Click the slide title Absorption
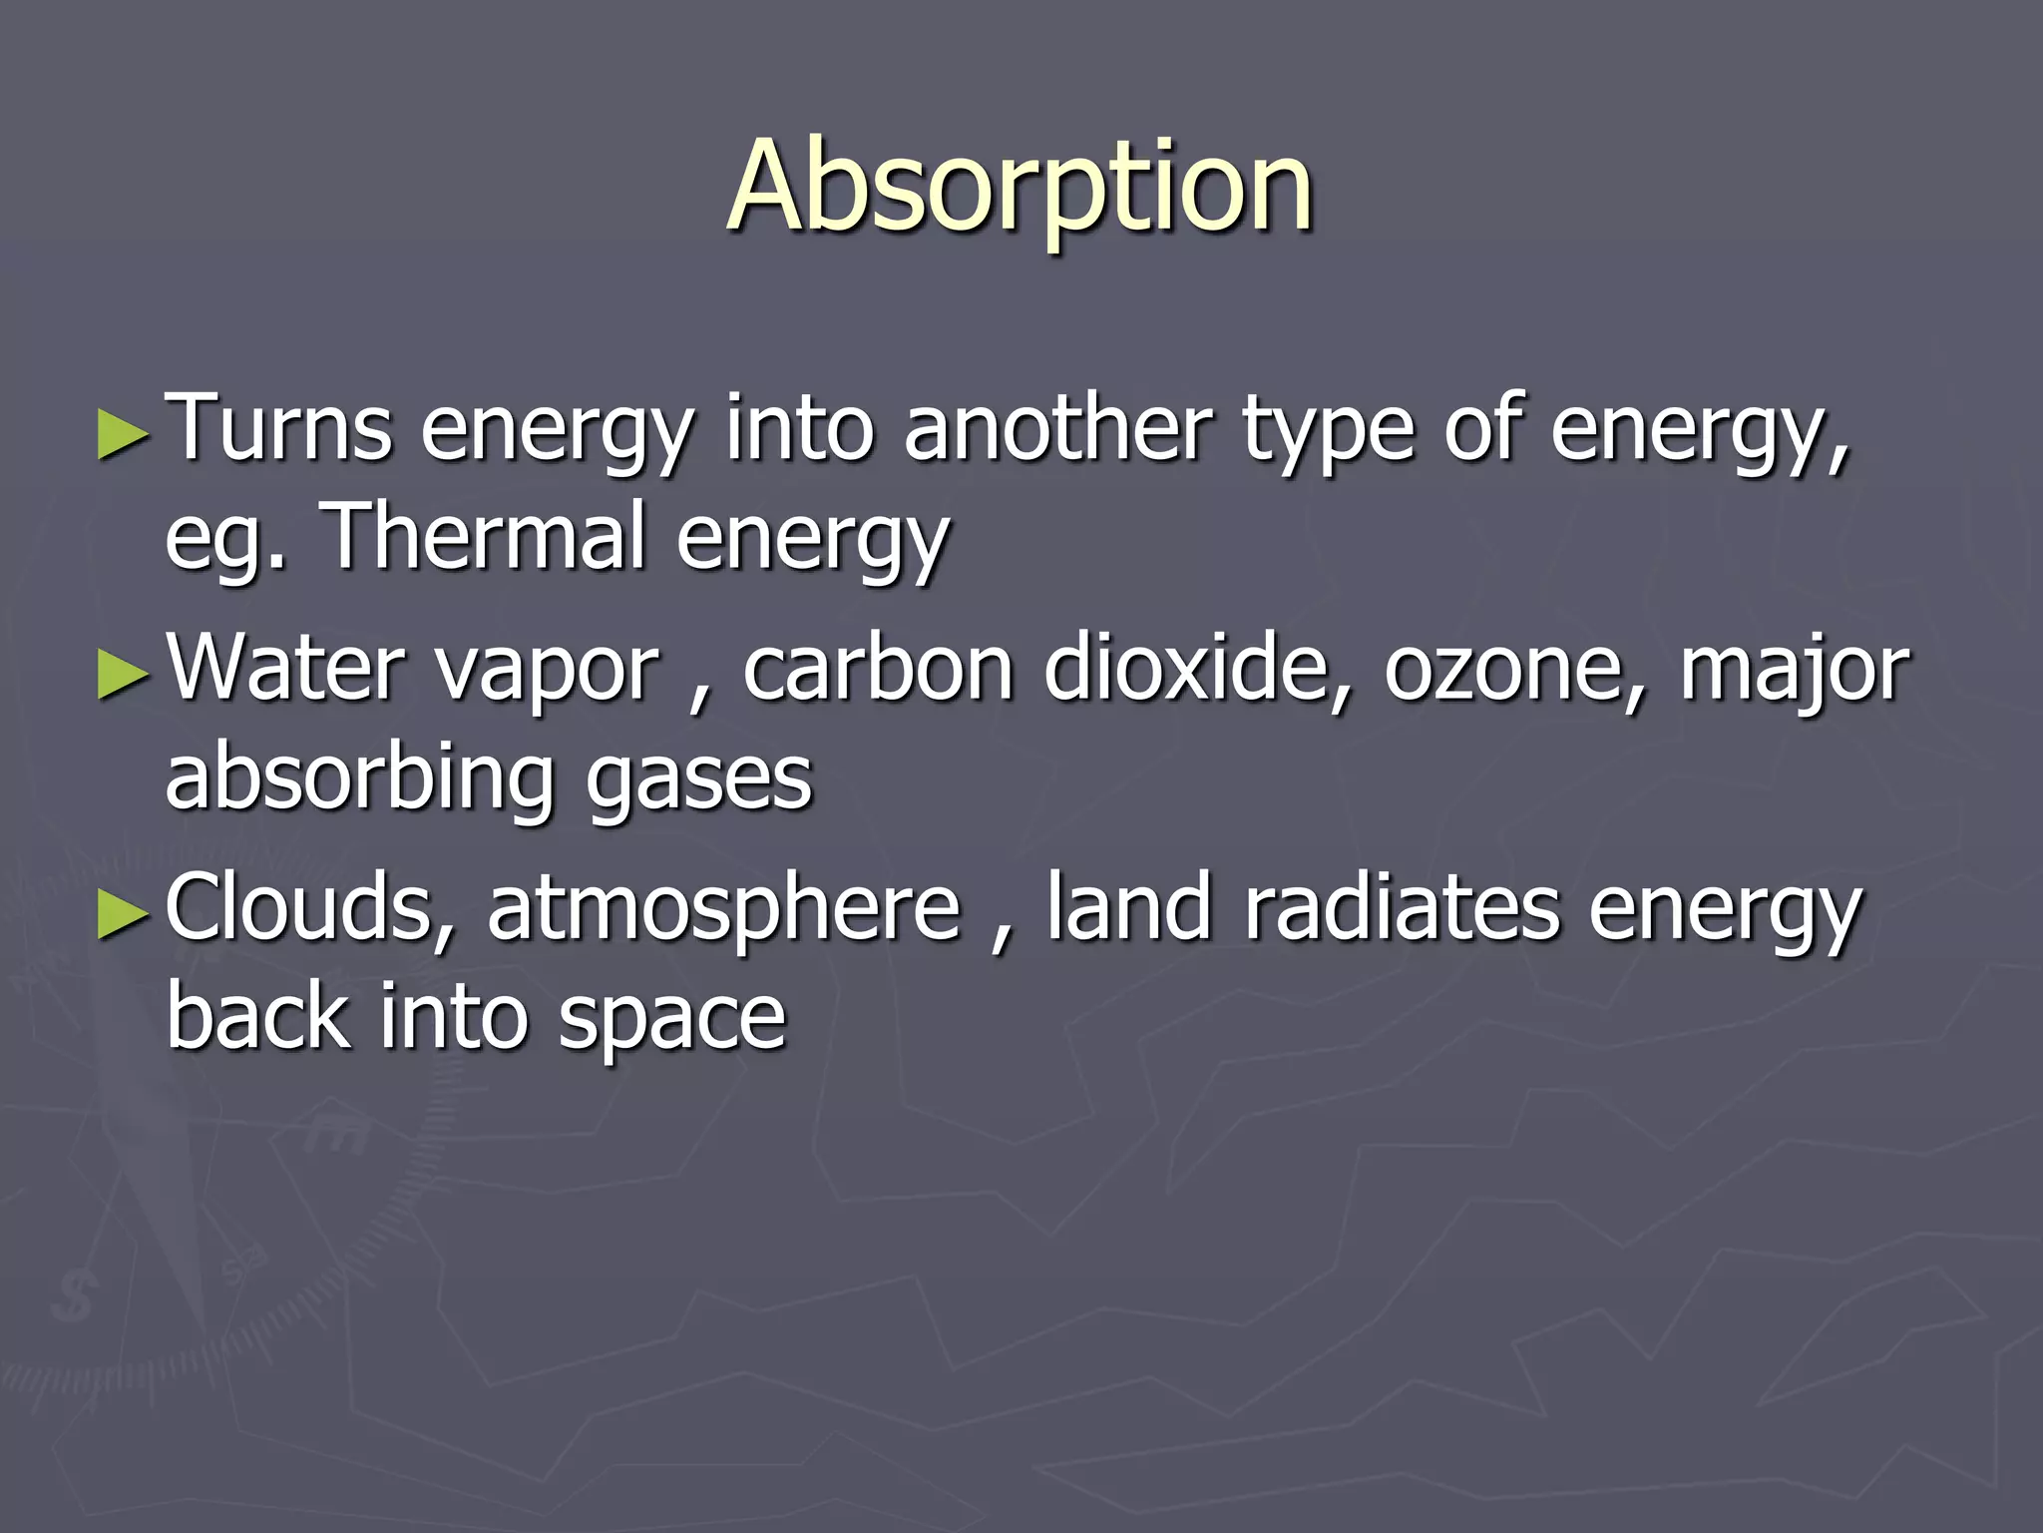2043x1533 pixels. tap(1021, 187)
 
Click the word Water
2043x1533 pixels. tap(287, 669)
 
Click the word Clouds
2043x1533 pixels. tap(309, 908)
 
